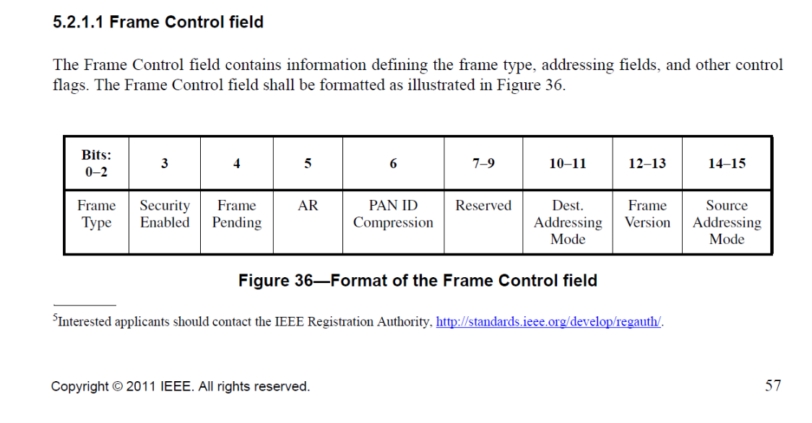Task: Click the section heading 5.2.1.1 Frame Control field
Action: click(157, 22)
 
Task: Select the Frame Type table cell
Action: click(96, 214)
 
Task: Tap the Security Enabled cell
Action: click(165, 214)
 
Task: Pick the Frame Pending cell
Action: click(236, 214)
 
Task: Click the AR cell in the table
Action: click(308, 206)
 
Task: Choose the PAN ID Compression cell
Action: click(393, 214)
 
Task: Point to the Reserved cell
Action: click(483, 206)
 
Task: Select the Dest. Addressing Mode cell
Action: click(567, 222)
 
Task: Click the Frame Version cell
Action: click(647, 214)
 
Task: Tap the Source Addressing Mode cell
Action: click(727, 222)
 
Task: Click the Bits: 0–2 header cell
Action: click(96, 163)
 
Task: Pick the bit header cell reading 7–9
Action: click(483, 163)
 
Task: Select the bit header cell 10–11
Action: click(567, 163)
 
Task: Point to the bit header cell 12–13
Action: click(647, 163)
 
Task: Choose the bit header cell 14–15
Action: click(727, 163)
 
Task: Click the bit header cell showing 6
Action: click(393, 163)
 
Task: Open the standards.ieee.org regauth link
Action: click(548, 322)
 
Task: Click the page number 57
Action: click(772, 385)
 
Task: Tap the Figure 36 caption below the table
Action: click(418, 280)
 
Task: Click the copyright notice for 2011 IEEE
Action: click(180, 386)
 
